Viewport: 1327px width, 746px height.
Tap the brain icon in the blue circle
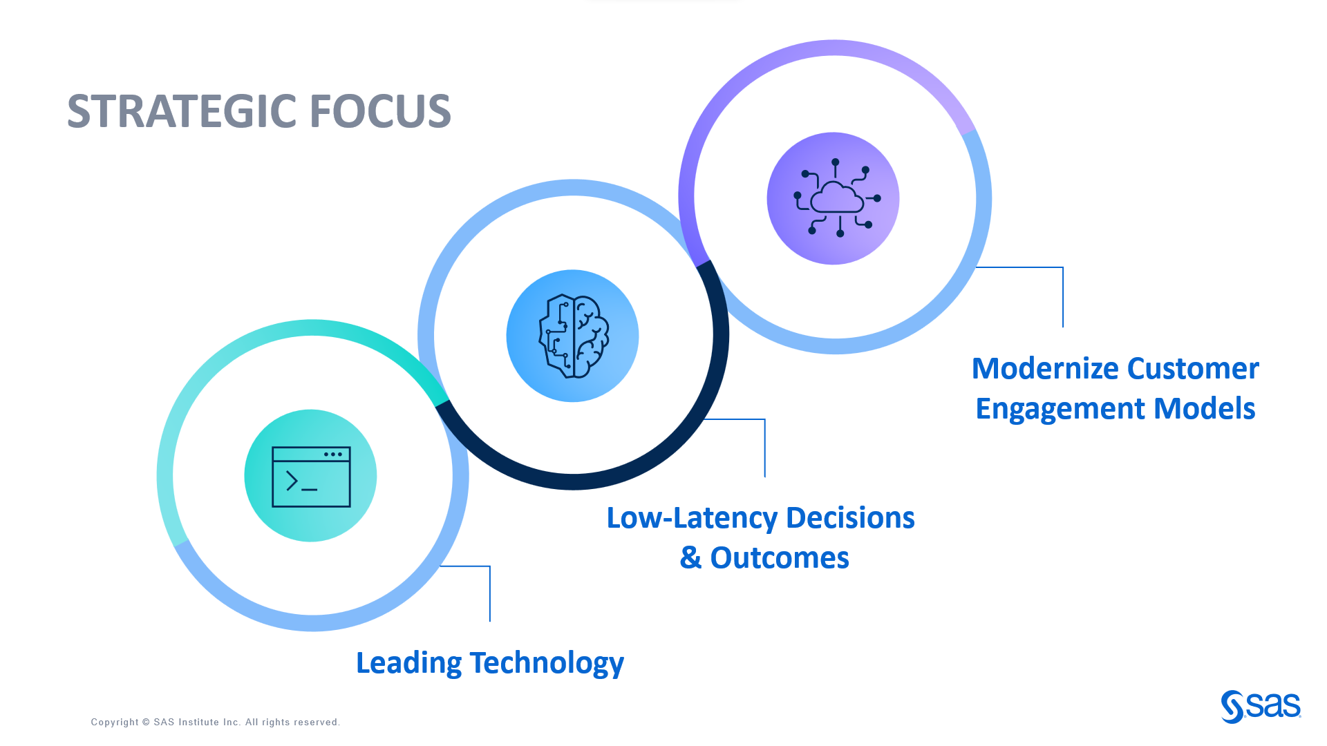(x=573, y=336)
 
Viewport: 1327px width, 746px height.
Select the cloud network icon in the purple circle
(x=834, y=199)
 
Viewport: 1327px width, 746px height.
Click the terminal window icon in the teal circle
(x=311, y=477)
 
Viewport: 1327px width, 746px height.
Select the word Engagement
(x=1060, y=409)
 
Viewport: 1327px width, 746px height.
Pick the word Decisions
(x=850, y=518)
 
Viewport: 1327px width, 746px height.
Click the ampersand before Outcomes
(x=690, y=558)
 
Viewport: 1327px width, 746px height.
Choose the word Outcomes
(x=780, y=558)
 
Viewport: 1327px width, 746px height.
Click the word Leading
(x=408, y=663)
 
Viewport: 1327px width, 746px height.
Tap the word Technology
(x=547, y=663)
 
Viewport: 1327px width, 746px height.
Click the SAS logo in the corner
(x=1261, y=706)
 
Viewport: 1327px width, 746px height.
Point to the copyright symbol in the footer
(x=146, y=723)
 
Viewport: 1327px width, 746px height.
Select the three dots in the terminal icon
(x=333, y=455)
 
